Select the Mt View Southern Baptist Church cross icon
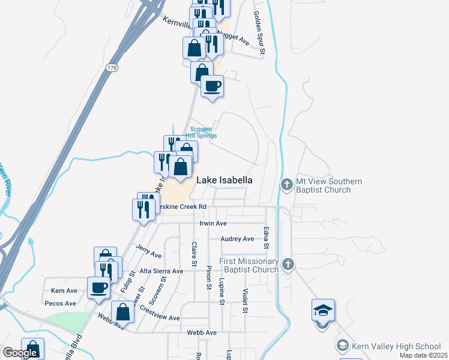(287, 185)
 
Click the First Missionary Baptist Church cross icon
(289, 265)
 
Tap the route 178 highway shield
(112, 69)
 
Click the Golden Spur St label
(259, 34)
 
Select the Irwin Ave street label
(213, 223)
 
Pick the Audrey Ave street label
(237, 239)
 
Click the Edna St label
(265, 238)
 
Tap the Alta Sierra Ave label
(161, 271)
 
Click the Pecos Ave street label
(60, 304)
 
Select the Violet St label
(245, 301)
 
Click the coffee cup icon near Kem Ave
(98, 287)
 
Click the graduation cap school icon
(323, 311)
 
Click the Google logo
(20, 353)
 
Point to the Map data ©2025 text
(423, 356)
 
